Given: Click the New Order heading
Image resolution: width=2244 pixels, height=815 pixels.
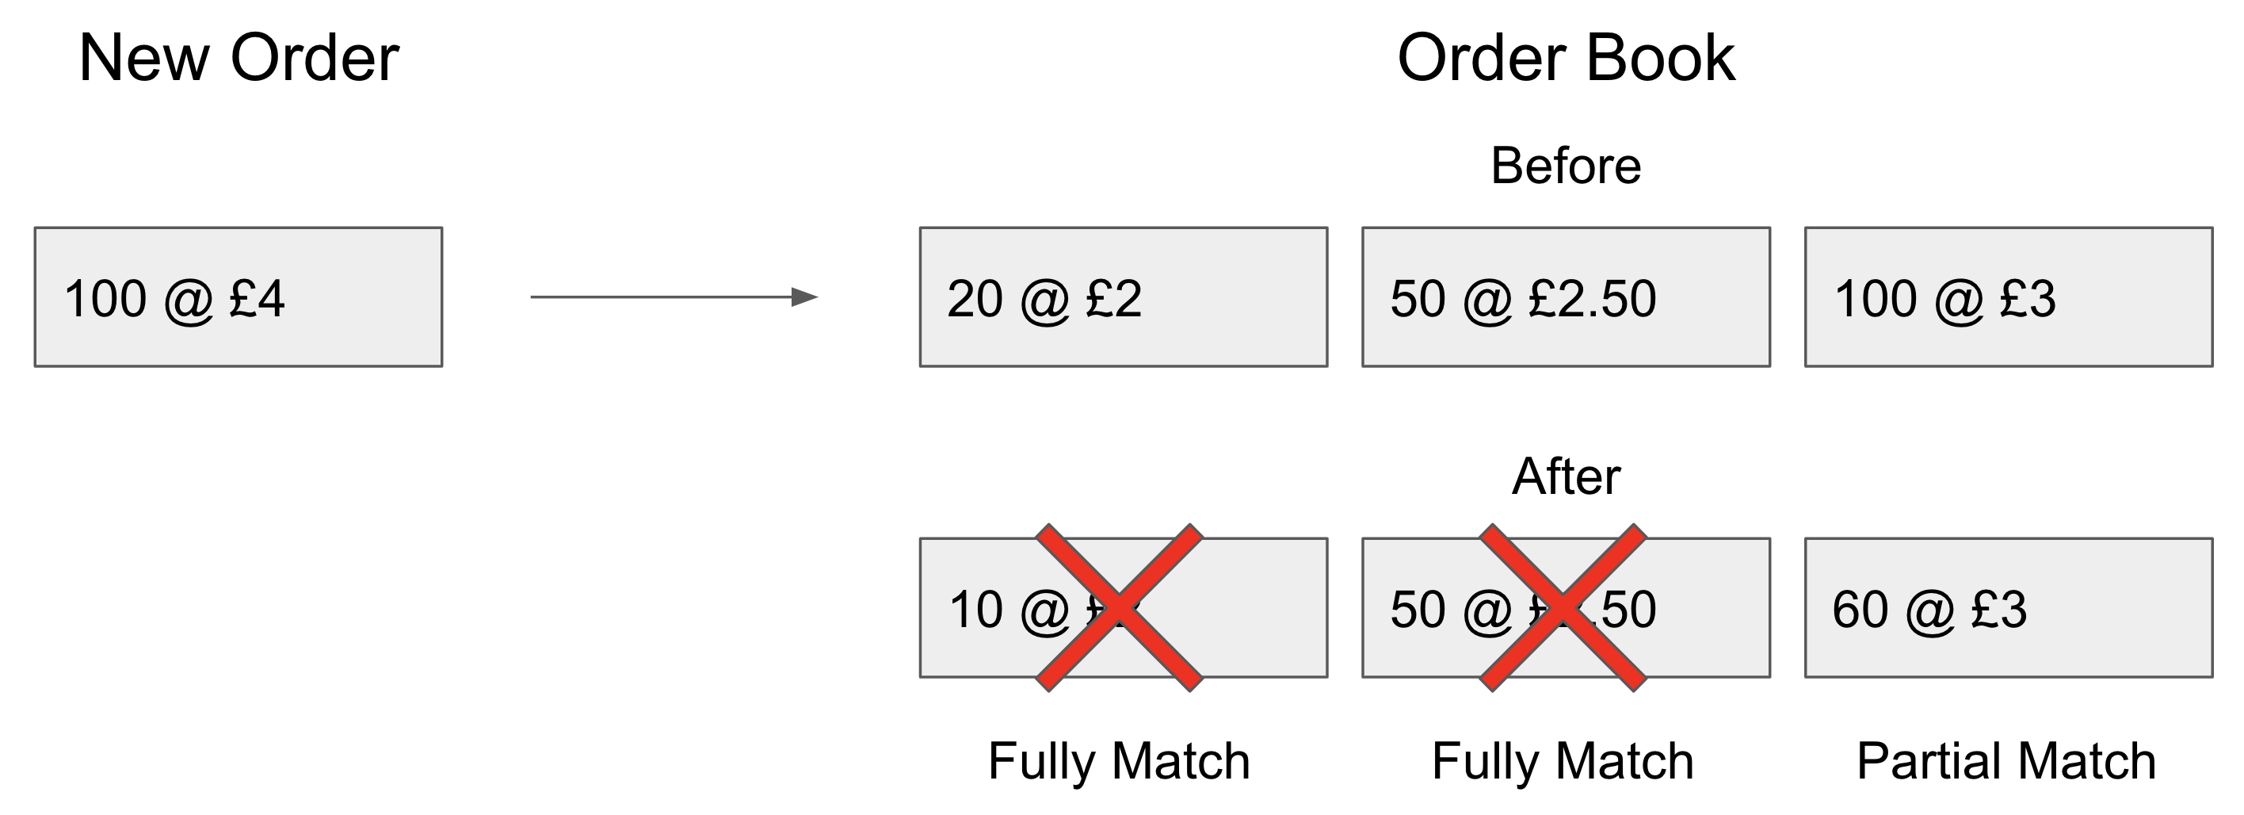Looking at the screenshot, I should click(x=239, y=59).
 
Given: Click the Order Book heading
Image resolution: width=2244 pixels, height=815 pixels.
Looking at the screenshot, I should click(x=1566, y=59).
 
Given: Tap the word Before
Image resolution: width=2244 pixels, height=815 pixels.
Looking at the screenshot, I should click(x=1566, y=166).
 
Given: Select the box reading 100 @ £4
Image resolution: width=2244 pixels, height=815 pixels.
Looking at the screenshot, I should click(x=238, y=297).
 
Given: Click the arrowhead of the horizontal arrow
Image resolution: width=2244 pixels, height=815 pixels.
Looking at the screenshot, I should click(x=803, y=297).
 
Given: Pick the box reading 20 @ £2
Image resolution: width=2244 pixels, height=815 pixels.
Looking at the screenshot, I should click(x=1123, y=297).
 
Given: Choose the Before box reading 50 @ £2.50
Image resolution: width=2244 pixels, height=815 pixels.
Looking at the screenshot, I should click(x=1566, y=297).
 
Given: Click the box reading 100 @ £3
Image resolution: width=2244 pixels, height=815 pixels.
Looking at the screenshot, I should click(x=2008, y=297).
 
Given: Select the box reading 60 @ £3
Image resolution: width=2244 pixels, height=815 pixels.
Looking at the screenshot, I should click(x=2008, y=607).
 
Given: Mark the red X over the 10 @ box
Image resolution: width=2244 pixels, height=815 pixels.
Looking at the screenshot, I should click(x=1120, y=607).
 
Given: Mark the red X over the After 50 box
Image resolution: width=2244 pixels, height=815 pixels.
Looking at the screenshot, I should click(x=1563, y=607).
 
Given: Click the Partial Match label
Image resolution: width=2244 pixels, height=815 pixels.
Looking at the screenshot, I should click(x=2005, y=761).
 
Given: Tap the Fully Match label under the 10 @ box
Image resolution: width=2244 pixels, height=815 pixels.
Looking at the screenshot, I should click(x=1119, y=761).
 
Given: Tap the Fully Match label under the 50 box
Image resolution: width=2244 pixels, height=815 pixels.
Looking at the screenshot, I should click(x=1562, y=761).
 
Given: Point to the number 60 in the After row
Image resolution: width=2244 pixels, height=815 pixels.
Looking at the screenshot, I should click(x=1860, y=610).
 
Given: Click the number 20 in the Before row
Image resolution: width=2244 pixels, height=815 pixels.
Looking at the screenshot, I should click(x=975, y=299).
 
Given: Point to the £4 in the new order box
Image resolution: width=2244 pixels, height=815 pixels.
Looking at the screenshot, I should click(x=257, y=299).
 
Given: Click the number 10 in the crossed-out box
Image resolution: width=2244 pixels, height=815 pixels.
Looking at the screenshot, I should click(x=975, y=610).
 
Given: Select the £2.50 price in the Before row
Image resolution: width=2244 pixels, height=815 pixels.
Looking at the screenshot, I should click(x=1592, y=299).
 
